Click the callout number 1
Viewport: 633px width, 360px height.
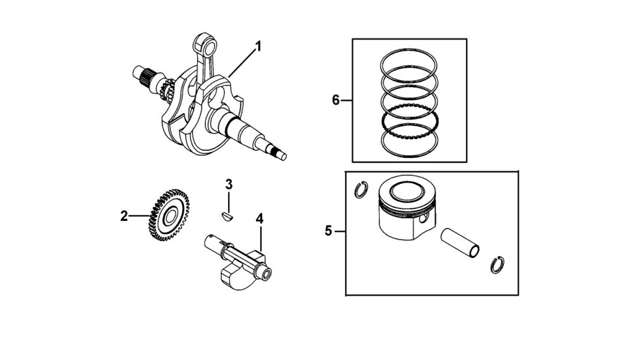coord(258,47)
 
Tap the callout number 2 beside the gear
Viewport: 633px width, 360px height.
coord(124,216)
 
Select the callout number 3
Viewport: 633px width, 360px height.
coord(229,185)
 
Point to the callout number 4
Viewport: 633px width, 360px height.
coord(260,219)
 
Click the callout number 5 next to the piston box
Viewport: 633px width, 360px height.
coord(328,231)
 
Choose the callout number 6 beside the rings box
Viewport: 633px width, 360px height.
coord(336,100)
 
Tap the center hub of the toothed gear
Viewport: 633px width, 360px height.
coord(170,215)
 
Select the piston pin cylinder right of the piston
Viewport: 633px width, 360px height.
coord(460,243)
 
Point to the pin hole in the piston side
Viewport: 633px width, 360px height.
coord(423,218)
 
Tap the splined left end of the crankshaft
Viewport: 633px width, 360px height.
coord(143,75)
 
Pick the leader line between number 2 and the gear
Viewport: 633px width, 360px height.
coord(140,216)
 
